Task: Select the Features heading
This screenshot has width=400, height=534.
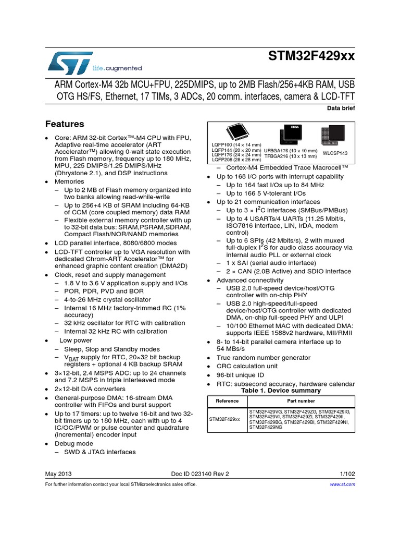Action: pos(65,124)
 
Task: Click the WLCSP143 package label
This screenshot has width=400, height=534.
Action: pos(335,153)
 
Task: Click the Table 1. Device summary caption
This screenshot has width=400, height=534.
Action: pos(281,391)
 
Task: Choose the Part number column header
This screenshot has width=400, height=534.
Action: pos(301,401)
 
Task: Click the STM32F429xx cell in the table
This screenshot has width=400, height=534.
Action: pos(224,419)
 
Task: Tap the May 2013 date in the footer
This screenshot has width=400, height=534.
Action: pos(58,474)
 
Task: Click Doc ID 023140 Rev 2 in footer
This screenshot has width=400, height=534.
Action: pos(200,474)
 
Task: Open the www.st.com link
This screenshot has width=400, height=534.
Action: pos(343,484)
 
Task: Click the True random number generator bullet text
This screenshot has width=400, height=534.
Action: pos(264,358)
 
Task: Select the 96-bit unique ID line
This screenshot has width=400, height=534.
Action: pos(240,375)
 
